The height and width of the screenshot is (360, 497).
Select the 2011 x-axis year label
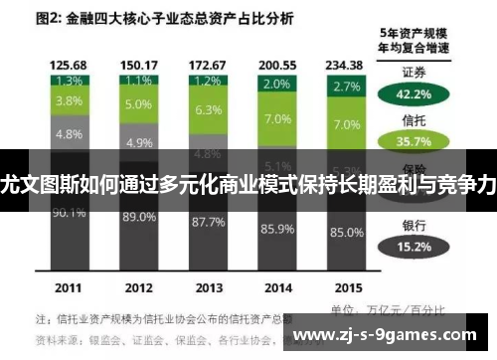[x=69, y=287]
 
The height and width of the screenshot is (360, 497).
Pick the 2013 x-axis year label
[x=208, y=287]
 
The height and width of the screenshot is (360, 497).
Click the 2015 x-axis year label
[x=347, y=287]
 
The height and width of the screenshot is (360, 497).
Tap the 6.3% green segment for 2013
[x=208, y=109]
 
